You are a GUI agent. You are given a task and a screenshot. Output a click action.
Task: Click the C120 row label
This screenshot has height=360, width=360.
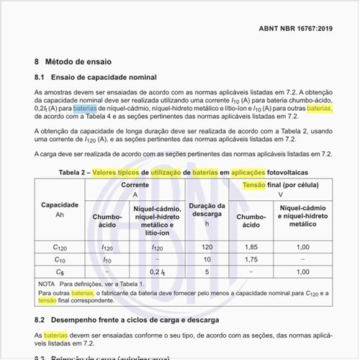tap(60, 247)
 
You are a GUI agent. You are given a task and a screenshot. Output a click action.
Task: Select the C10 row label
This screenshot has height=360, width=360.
tap(60, 259)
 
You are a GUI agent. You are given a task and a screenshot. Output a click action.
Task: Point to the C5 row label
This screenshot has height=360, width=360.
tap(60, 271)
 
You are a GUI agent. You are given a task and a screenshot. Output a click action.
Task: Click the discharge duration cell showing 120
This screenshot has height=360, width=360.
tap(207, 247)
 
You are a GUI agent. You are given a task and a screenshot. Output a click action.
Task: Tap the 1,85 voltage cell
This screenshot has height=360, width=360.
tap(251, 247)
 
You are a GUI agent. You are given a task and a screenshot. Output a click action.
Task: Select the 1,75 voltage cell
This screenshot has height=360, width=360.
tap(251, 259)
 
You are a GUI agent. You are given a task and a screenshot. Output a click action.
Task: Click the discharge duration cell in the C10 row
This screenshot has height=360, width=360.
tap(207, 259)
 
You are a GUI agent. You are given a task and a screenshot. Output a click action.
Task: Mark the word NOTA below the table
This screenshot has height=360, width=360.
tap(48, 285)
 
